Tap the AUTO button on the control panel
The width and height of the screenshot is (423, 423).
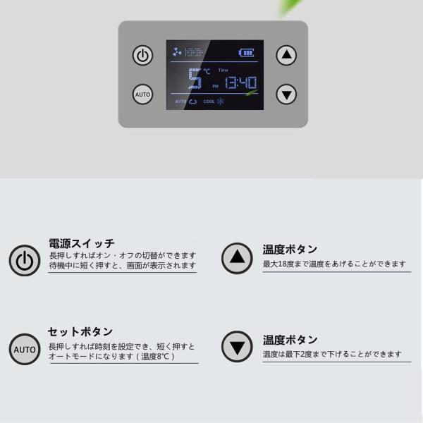pos(142,94)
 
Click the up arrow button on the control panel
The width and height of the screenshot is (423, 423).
pos(286,55)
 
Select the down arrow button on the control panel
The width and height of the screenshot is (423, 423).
pos(286,94)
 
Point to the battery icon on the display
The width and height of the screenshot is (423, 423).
pos(246,53)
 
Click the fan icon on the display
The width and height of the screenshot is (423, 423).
pos(177,51)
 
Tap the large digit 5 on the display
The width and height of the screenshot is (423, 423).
pos(195,78)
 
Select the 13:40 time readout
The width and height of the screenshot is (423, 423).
pos(241,82)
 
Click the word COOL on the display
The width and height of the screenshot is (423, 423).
pos(209,102)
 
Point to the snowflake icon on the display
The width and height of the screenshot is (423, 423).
pos(221,102)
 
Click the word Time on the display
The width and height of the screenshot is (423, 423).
pos(223,70)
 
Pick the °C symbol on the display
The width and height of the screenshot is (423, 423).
pos(207,71)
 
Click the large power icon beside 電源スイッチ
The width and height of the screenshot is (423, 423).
pos(25,260)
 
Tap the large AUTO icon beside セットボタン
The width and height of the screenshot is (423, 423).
pos(25,350)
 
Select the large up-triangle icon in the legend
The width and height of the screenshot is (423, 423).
pos(237,258)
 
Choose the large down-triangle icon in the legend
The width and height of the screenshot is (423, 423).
pos(237,347)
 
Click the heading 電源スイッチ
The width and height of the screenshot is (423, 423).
pos(82,243)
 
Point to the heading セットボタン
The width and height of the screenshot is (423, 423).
pos(80,332)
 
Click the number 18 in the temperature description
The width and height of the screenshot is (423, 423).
pos(282,264)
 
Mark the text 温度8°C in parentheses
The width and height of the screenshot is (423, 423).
pos(155,356)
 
